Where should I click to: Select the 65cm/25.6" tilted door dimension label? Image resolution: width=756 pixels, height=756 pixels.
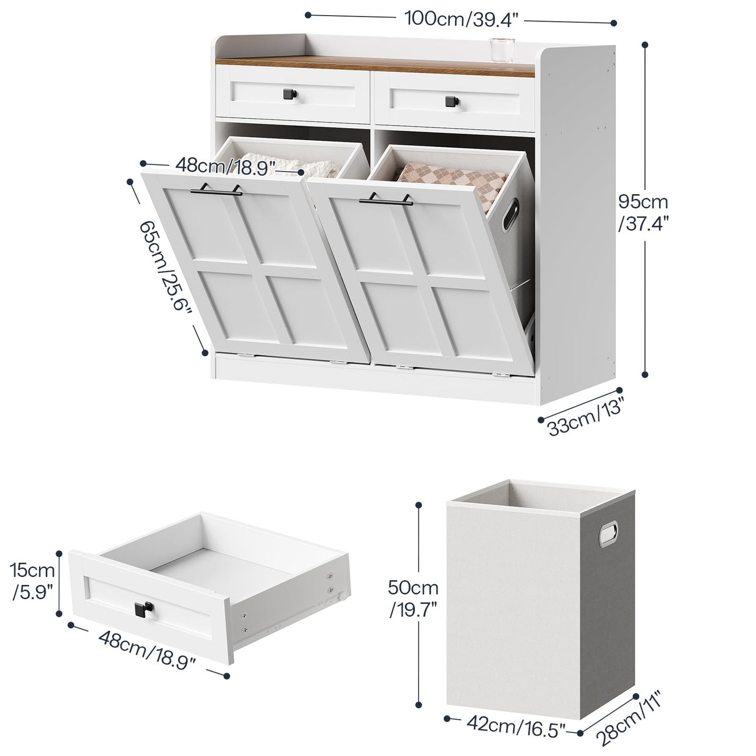click(x=165, y=265)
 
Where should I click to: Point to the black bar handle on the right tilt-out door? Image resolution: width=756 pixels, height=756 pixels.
click(x=387, y=199)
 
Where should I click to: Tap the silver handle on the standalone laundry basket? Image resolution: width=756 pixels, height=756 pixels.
click(x=609, y=534)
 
